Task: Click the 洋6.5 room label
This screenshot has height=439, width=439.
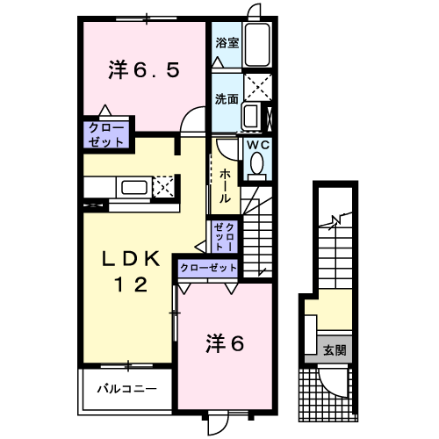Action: tap(146, 69)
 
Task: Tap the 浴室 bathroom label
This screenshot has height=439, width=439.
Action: tap(227, 42)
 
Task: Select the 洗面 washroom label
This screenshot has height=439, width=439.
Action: tap(227, 98)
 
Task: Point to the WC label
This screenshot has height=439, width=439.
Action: tap(257, 146)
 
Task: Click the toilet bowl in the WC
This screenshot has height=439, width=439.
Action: tap(257, 164)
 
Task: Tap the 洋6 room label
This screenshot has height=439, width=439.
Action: tap(225, 342)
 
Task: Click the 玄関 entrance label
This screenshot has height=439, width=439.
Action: tap(334, 350)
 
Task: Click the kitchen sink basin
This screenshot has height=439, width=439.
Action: tap(135, 187)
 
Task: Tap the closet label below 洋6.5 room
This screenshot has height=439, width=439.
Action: tap(106, 134)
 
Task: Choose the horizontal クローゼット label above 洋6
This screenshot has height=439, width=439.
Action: tap(209, 267)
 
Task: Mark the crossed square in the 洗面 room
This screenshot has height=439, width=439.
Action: tap(256, 86)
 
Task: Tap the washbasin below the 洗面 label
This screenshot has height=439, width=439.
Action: tap(250, 117)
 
